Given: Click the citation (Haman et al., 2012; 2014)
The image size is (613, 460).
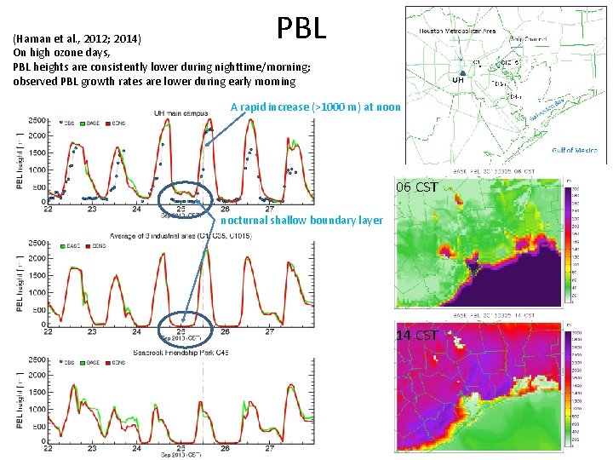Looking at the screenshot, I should point(83,38).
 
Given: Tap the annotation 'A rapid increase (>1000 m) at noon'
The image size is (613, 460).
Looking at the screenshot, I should point(310,107).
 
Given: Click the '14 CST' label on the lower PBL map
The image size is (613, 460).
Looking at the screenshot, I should point(417,335).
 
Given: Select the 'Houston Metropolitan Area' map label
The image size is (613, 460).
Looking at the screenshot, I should point(455,31).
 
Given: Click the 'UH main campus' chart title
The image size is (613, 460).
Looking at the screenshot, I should point(183,113).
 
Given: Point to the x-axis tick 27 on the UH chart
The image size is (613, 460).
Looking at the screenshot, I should point(269,209).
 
